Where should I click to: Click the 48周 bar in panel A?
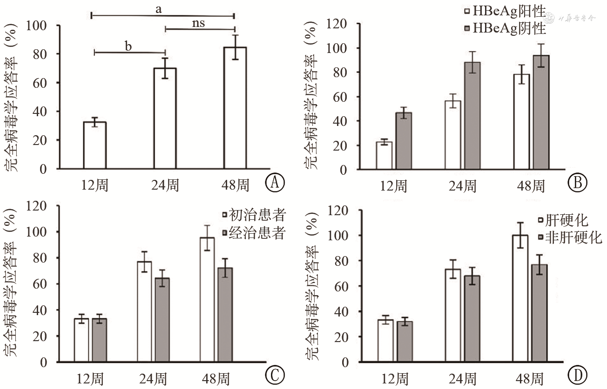coord(235,108)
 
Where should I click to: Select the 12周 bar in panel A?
coord(94,145)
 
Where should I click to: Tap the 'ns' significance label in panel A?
coord(199,23)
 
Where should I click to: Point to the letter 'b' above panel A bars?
coord(128,46)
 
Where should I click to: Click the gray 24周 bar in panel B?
coord(473,116)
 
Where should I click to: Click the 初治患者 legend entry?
coord(254,215)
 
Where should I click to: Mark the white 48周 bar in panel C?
coord(207,299)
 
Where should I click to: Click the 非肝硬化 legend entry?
coord(570,238)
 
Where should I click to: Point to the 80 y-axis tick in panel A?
coord(41,54)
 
